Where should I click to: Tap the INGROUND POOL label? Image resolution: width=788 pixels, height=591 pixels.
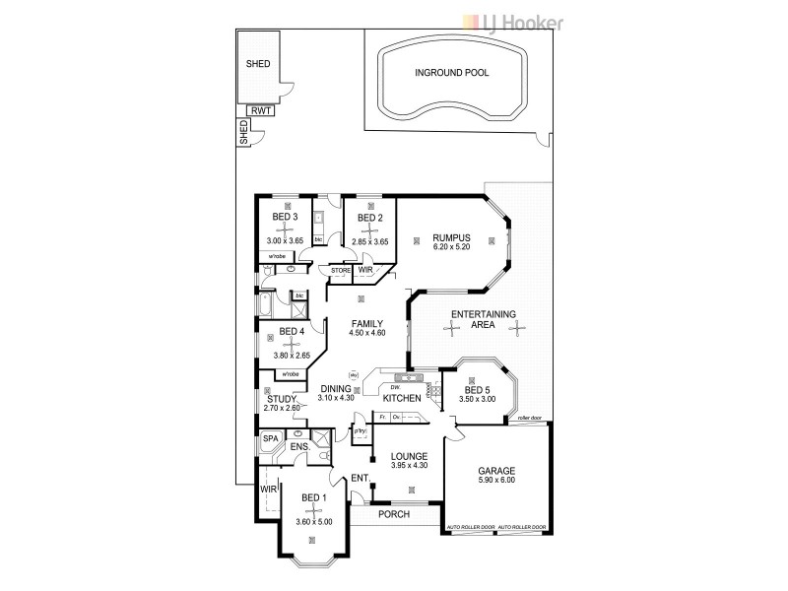point(452,73)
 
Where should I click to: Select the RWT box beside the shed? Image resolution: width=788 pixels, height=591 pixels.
point(261,111)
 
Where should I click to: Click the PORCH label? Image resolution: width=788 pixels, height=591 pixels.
point(393,514)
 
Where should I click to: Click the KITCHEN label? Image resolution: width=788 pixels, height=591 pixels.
point(402,398)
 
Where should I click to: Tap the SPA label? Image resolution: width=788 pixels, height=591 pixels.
point(269,439)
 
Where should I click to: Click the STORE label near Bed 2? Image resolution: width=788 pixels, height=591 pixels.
point(341,269)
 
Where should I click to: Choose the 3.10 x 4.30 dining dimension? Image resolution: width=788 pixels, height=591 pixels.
point(336,398)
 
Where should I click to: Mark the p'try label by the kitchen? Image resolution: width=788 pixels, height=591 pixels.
point(360,431)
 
